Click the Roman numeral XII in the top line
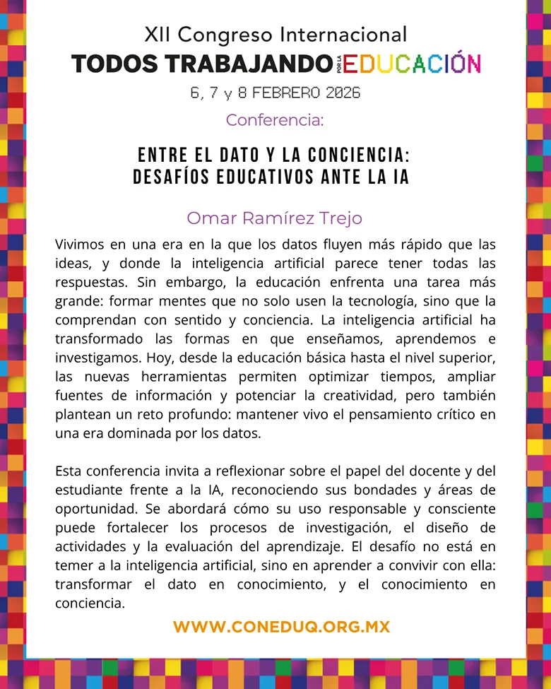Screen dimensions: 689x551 (x=157, y=34)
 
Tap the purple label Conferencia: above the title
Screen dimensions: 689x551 (x=275, y=120)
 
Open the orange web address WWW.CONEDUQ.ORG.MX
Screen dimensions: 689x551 (x=281, y=627)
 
